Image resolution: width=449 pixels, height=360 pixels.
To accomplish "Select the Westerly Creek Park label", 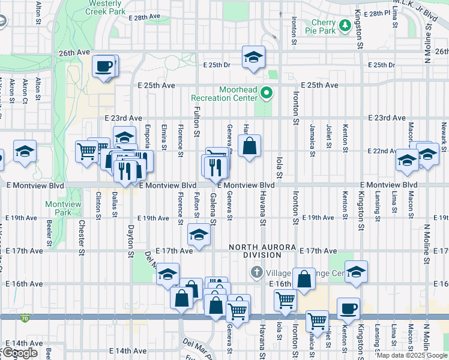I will pos(106,7).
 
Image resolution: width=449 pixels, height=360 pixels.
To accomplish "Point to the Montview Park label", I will pos(63,208).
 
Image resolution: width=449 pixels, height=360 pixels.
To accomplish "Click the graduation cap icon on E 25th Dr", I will pos(253,58).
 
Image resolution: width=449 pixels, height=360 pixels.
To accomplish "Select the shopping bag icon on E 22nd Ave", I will pos(249,146).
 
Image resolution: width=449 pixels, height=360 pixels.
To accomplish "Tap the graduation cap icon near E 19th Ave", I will pos(199,235).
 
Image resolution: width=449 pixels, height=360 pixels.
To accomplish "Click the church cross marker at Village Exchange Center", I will pos(256,272).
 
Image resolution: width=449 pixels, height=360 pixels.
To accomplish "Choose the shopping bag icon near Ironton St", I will pos(304,279).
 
